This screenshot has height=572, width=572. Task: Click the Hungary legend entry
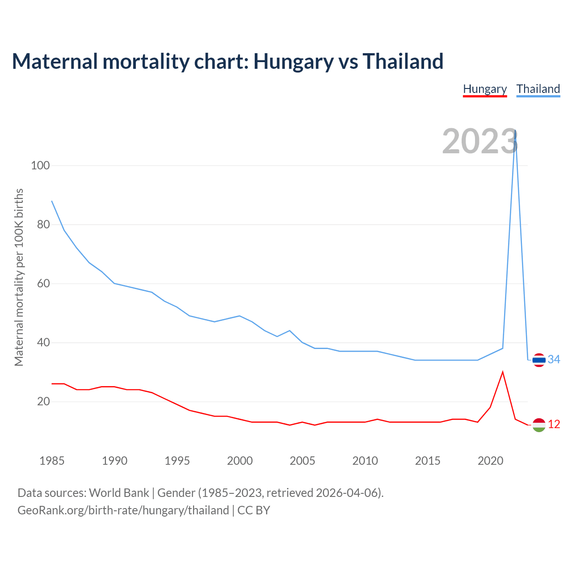[485, 89]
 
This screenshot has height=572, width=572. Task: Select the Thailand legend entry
[538, 89]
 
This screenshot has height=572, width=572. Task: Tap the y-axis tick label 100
[40, 165]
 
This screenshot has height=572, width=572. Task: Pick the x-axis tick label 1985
[52, 461]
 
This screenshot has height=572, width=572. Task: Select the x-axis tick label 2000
[240, 461]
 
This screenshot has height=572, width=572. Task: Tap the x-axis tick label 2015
[428, 461]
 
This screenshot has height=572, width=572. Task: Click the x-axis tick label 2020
[491, 461]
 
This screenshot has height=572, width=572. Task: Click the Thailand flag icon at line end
[539, 360]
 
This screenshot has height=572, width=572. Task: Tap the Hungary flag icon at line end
[539, 425]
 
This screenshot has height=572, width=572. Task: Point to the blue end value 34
[554, 359]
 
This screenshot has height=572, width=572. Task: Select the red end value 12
[554, 424]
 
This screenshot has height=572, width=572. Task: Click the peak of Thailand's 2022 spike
[516, 130]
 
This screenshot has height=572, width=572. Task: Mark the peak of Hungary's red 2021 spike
[503, 372]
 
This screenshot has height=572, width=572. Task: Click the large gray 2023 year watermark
[480, 141]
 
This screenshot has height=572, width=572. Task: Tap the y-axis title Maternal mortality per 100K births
[19, 277]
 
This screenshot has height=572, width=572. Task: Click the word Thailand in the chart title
[403, 61]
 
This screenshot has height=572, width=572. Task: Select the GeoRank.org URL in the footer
[123, 510]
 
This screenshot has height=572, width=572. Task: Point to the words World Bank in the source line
[119, 493]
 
